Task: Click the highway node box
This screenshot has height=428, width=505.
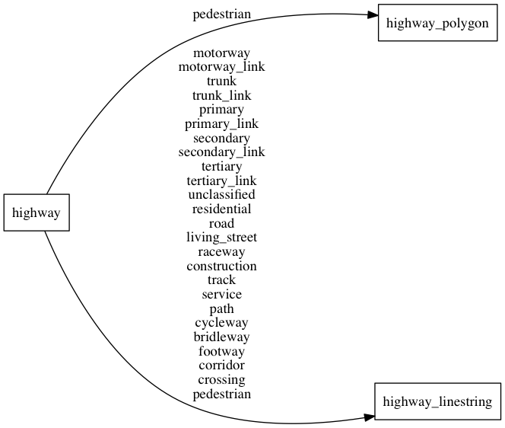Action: (37, 212)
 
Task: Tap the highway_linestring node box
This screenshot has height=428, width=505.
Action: (437, 401)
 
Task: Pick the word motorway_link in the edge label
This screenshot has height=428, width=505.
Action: (221, 67)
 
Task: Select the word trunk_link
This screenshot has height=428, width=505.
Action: (221, 95)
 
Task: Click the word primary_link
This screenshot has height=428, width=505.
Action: (221, 123)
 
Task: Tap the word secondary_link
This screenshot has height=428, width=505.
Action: (221, 152)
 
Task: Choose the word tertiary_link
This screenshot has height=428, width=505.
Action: (221, 180)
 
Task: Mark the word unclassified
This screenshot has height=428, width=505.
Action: (221, 195)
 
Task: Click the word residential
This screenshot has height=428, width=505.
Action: (221, 209)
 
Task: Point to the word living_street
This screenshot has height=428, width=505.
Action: (221, 238)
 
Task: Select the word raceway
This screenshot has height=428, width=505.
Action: (221, 251)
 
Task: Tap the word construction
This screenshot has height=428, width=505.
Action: (221, 266)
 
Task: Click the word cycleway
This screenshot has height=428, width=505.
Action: (221, 323)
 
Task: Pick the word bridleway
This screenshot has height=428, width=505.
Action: (221, 337)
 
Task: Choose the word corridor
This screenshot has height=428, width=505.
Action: (221, 366)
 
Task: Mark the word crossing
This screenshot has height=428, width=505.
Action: (221, 379)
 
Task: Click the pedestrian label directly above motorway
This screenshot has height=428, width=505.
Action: (221, 14)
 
